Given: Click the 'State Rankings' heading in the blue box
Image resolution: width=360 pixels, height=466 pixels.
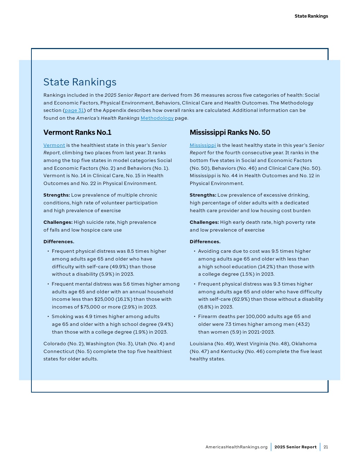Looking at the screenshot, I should tap(80, 82).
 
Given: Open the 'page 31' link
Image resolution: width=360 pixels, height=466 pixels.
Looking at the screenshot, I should tap(74, 110).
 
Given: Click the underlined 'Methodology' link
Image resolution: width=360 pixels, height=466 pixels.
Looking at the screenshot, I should tap(157, 118).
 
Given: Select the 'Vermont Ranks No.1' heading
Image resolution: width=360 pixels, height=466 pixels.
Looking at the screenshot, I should tap(77, 132).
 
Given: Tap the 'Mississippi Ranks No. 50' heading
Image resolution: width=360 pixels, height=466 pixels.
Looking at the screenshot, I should tap(230, 132).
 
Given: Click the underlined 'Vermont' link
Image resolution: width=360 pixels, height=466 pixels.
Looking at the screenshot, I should tap(54, 145).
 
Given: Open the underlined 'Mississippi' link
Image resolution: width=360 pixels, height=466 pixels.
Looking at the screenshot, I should tap(203, 145).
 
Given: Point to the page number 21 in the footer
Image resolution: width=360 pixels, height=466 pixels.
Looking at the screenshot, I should tap(326, 447).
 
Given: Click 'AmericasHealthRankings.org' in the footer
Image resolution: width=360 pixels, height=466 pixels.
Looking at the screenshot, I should tap(236, 447).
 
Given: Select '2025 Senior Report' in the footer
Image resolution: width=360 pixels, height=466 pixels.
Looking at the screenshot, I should tap(295, 447).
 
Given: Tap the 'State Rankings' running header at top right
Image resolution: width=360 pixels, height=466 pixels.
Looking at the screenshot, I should tap(311, 16).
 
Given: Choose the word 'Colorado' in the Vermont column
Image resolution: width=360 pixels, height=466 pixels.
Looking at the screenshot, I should tap(55, 344).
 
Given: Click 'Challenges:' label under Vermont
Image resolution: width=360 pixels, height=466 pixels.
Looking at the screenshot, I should tap(58, 222).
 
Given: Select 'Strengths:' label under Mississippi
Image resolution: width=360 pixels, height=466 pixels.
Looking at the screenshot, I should tap(203, 195).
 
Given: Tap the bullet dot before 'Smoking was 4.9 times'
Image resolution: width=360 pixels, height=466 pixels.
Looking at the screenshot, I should tap(48, 317).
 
